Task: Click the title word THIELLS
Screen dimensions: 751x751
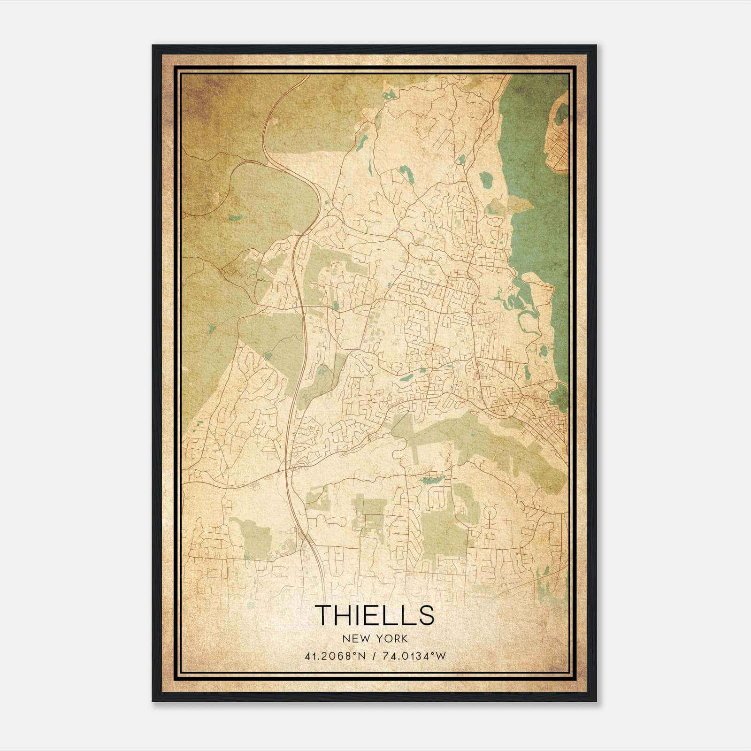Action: click(x=375, y=615)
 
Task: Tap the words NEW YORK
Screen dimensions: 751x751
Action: click(x=375, y=639)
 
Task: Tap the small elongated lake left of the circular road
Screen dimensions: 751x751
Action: click(x=433, y=480)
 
